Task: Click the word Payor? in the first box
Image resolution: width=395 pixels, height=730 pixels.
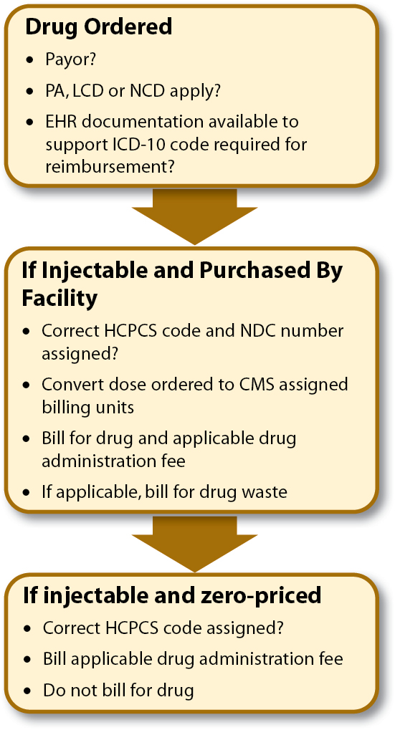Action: [70, 59]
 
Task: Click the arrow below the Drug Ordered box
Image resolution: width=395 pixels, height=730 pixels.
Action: [195, 216]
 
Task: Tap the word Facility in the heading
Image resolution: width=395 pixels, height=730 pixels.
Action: [60, 299]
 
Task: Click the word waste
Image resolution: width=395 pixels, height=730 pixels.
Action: [266, 491]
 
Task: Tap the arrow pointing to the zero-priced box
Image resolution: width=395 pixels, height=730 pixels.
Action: [195, 544]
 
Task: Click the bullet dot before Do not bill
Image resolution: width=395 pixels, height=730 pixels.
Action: [29, 691]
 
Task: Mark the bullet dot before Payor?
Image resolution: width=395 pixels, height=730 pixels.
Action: [31, 60]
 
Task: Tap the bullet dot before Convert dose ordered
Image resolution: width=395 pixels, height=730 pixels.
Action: [27, 385]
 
